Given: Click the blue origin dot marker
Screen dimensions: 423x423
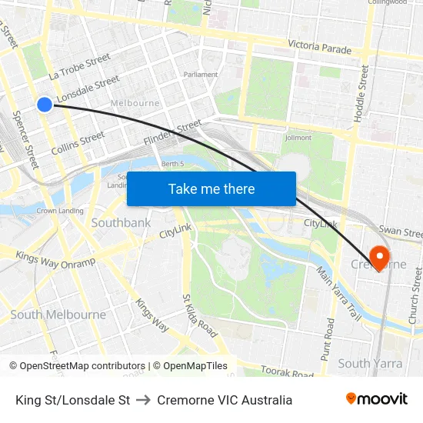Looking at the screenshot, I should (x=45, y=104).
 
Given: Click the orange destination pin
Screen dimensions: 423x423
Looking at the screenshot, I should (x=379, y=256).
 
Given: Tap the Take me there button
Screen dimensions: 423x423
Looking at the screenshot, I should (x=211, y=188).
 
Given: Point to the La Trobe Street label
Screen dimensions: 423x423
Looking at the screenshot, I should (x=79, y=66).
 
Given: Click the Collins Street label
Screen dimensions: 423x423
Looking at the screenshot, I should (x=78, y=142).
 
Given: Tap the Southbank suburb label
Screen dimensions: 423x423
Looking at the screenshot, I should (x=121, y=222).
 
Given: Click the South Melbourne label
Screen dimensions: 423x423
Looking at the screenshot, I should (x=58, y=315).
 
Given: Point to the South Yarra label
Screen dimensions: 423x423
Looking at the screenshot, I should (x=365, y=363).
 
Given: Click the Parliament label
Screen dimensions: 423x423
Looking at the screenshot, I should (x=201, y=75).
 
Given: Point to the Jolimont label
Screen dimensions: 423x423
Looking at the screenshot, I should (x=298, y=138).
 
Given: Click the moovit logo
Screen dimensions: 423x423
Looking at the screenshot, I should (x=376, y=399).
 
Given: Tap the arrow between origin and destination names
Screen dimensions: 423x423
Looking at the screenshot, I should (x=143, y=400).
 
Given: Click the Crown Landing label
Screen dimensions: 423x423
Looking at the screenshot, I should (x=60, y=211).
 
